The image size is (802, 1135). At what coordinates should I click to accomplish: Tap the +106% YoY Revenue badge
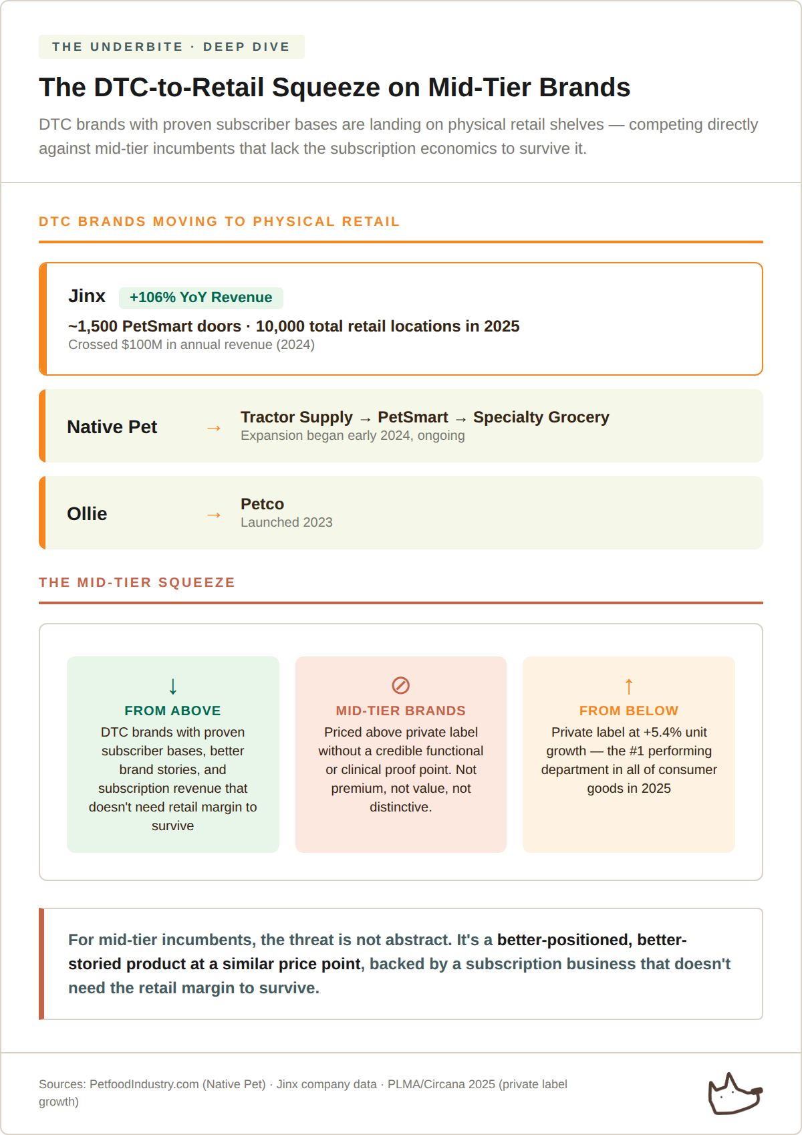click(x=200, y=297)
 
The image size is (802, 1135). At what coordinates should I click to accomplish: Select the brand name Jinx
click(x=87, y=296)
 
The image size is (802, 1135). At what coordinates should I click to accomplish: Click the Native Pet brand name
click(x=112, y=427)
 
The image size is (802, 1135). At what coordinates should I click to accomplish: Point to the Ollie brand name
click(x=87, y=514)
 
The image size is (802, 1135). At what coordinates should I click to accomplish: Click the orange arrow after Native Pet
click(x=214, y=428)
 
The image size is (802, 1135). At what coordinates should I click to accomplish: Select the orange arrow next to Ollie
click(x=214, y=515)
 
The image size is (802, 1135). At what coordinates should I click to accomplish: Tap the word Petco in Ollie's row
click(x=262, y=504)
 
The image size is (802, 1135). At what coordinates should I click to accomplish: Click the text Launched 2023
click(x=286, y=522)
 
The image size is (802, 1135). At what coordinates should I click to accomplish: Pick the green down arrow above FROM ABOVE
click(x=173, y=686)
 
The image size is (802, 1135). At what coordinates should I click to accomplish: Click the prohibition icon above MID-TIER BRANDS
click(x=400, y=685)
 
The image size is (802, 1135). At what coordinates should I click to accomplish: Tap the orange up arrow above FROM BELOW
click(x=628, y=686)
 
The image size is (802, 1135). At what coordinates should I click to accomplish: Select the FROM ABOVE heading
click(x=172, y=711)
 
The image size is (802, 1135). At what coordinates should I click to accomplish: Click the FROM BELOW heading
click(x=628, y=711)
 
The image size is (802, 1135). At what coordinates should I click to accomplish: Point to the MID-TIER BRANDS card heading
click(x=400, y=711)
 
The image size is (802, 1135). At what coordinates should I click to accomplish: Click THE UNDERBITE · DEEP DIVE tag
click(x=171, y=47)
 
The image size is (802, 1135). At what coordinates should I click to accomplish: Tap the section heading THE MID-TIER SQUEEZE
click(x=137, y=582)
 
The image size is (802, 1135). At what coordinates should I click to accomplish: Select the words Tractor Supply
click(x=296, y=417)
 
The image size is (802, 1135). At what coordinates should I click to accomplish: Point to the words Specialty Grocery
click(x=541, y=417)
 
